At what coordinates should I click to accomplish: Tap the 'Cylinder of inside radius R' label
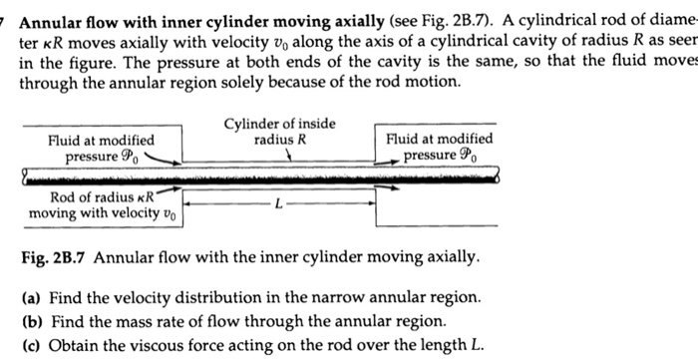pos(280,132)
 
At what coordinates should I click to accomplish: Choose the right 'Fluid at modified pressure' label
pos(439,147)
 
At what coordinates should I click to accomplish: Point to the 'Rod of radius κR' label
pos(92,203)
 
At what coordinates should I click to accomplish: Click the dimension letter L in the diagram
pos(280,204)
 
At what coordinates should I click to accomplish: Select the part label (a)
pos(30,296)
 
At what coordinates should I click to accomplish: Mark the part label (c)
pos(30,345)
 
